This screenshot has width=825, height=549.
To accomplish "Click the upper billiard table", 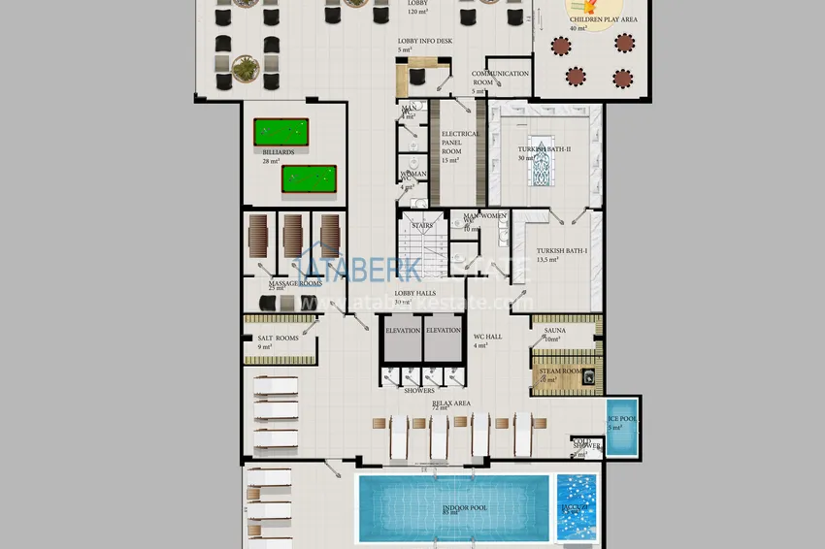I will point(280,130).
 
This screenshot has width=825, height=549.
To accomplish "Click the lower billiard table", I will point(309,178).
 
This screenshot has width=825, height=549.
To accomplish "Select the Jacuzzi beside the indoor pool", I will point(578,506).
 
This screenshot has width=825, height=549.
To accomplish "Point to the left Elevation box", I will point(403,330).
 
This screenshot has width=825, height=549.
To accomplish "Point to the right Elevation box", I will point(444,330).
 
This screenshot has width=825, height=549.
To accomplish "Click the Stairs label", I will point(422,225).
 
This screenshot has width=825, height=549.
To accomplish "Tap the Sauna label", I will point(555,331).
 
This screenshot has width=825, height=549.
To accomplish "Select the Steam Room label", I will point(560,371).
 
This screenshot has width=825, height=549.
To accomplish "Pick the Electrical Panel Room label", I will point(460,146).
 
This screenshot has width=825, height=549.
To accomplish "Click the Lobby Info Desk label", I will point(424,42).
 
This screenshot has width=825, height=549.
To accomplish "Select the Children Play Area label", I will point(603,18).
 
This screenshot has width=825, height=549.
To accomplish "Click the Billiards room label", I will point(278,151).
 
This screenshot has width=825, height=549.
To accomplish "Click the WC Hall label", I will point(487,337).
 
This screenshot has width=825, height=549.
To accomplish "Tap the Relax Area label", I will point(451,402).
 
